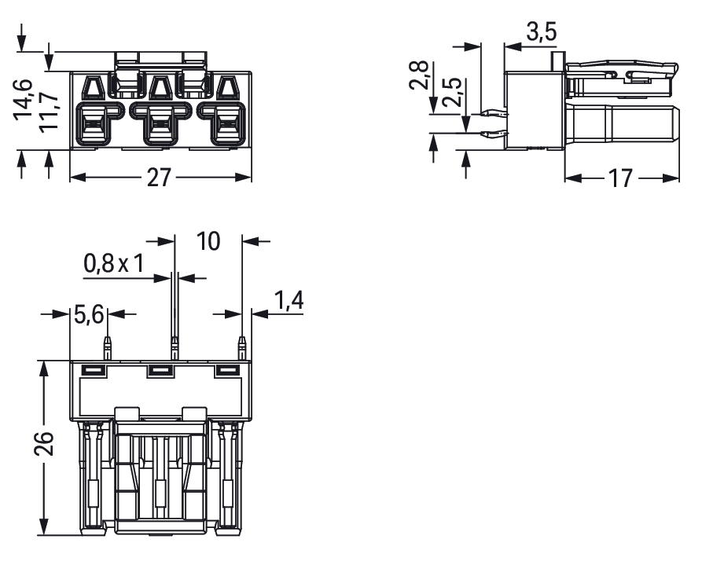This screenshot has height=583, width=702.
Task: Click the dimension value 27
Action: point(159,178)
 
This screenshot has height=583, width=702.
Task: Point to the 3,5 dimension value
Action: point(542,32)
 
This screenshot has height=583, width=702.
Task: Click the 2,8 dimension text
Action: point(419,75)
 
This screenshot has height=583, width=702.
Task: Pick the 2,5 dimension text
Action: point(451,92)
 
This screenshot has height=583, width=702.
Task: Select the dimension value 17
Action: point(620,178)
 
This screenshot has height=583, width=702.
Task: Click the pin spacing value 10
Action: point(208,241)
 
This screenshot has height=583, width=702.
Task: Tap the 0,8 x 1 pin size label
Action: point(114,263)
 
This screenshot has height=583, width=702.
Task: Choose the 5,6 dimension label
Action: point(89,314)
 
